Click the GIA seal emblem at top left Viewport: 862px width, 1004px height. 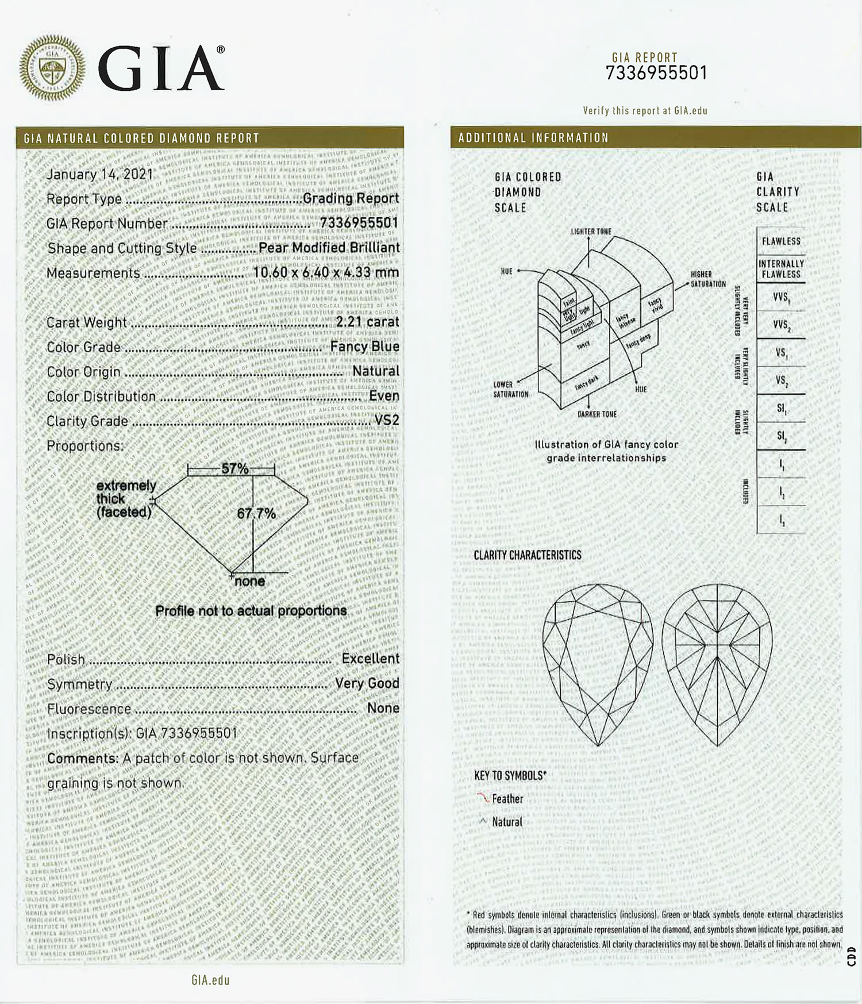pos(52,68)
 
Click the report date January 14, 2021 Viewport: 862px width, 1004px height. pos(99,174)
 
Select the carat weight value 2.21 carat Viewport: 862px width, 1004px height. pos(367,322)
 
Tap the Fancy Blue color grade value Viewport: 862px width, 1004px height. pos(364,347)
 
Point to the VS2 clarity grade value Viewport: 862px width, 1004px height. pos(387,421)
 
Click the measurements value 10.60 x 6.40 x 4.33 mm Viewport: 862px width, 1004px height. pos(326,272)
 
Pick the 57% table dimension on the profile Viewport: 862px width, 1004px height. pos(234,468)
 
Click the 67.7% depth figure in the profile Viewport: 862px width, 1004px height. pos(256,513)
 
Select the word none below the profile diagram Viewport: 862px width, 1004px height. pos(250,582)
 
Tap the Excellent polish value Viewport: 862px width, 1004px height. pos(370,659)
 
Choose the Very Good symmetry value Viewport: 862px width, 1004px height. pos(367,683)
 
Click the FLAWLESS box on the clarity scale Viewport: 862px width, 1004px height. pos(781,241)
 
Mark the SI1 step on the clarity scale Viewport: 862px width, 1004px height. pos(781,409)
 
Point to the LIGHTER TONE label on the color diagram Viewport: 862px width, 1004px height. pos(591,232)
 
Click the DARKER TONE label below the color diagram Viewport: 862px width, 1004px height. pos(597,414)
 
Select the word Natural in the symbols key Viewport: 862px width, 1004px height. pos(507,822)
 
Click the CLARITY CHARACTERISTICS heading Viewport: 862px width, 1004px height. pos(527,555)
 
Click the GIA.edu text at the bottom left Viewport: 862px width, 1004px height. pos(210,980)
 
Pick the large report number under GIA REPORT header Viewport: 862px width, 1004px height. pos(656,74)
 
